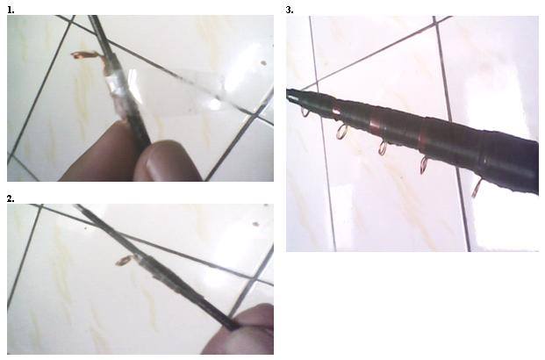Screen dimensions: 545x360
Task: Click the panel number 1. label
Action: [11, 10]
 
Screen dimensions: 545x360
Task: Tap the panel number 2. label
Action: [11, 198]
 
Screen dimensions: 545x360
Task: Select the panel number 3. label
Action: [290, 10]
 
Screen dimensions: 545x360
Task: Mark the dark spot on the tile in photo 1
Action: [263, 63]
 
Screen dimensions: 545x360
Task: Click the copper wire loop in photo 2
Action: [124, 260]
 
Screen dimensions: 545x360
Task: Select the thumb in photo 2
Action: [243, 330]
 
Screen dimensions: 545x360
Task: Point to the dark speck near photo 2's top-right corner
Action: [255, 224]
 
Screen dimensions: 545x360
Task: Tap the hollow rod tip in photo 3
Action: [292, 95]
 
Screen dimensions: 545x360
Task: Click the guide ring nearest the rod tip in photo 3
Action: [305, 112]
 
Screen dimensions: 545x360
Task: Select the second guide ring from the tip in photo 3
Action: [342, 131]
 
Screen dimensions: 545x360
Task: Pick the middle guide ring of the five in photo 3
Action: [383, 148]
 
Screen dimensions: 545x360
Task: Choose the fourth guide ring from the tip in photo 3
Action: [424, 164]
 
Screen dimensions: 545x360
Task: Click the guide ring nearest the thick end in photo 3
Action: [477, 188]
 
